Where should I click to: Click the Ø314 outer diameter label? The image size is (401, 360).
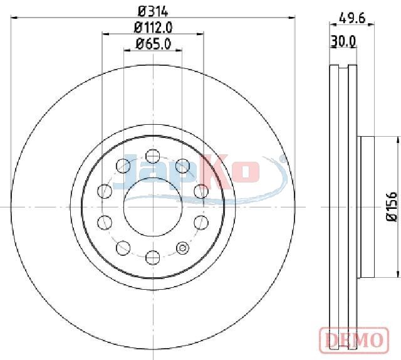click(153, 11)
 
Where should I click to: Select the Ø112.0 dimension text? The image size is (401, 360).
click(153, 28)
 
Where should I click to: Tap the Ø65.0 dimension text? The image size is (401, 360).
click(153, 44)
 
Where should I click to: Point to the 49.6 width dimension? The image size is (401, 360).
click(352, 18)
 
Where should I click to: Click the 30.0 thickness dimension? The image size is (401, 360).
click(343, 41)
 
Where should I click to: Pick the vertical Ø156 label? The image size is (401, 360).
click(391, 206)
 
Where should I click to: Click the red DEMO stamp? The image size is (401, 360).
click(354, 339)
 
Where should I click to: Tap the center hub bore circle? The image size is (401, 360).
click(153, 206)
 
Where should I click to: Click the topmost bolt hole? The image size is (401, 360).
click(153, 156)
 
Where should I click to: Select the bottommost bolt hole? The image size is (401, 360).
click(153, 257)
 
